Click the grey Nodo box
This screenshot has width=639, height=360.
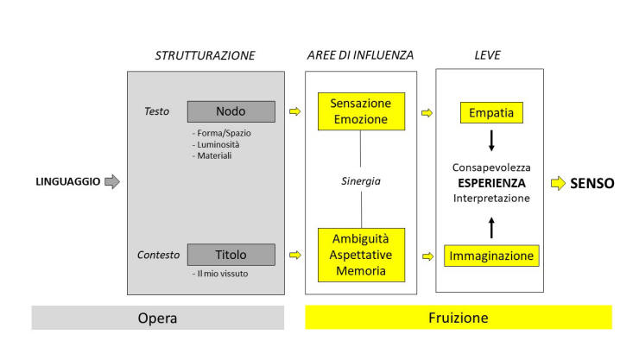click(231, 111)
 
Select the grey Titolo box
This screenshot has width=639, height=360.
click(231, 255)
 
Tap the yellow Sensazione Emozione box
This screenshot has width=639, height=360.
click(361, 111)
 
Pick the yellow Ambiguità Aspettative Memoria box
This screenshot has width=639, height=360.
click(361, 255)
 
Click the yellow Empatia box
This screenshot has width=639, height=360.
click(491, 113)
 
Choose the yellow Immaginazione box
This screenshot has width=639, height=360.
click(491, 256)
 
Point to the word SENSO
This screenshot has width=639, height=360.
click(592, 184)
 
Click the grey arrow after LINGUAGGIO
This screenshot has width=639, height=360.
click(112, 181)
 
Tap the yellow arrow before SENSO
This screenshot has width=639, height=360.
click(558, 183)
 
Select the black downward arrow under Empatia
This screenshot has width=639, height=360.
click(491, 141)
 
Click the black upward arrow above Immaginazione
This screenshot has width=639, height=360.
click(491, 228)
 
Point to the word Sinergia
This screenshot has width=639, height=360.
click(361, 181)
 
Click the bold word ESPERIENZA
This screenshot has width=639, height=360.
click(491, 183)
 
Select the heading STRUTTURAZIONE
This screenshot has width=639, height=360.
click(205, 55)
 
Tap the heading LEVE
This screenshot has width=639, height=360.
click(487, 55)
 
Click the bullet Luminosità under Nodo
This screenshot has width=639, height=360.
click(216, 144)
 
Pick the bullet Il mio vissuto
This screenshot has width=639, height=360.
click(220, 274)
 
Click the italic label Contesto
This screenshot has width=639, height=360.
click(158, 255)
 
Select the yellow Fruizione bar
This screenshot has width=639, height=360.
click(459, 317)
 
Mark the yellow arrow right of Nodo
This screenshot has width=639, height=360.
click(295, 111)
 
